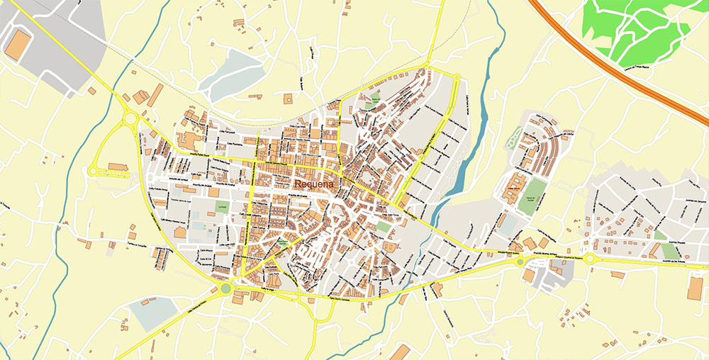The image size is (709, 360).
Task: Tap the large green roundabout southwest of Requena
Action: tap(226, 288)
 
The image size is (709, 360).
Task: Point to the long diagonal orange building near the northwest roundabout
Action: tap(155, 94)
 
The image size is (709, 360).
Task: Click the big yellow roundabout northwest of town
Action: tap(130, 119)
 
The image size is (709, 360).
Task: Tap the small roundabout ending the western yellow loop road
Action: tap(92, 171)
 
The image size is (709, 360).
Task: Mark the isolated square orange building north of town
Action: tap(289, 99)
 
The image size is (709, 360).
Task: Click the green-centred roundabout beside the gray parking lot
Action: tap(520, 261)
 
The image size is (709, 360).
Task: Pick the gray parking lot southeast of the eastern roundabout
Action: tap(547, 277)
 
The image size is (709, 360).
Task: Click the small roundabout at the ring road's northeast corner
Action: tap(457, 78)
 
